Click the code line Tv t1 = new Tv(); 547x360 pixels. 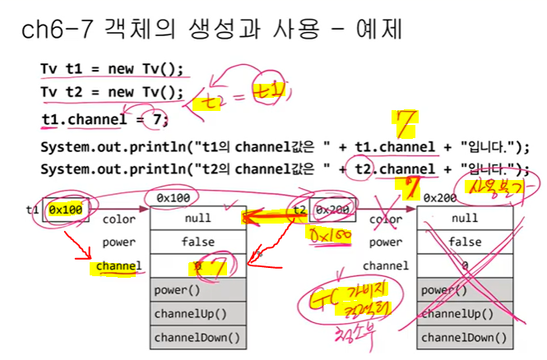111,68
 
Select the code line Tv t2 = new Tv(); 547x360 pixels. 111,92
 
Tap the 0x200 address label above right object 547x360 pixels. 441,197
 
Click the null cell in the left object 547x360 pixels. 197,219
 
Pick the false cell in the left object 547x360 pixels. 197,242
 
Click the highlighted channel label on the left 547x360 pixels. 118,266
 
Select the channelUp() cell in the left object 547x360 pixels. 197,314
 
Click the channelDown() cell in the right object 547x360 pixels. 465,338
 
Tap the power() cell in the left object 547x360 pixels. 197,290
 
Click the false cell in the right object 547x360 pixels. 465,242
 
